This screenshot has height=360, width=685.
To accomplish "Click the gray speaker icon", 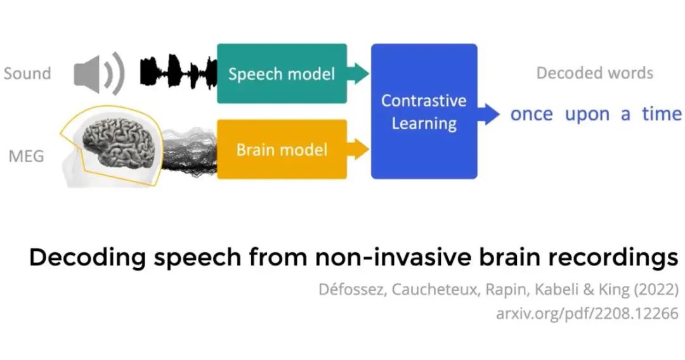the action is [x=99, y=74].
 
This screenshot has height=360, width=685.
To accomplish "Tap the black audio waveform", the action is [x=178, y=72].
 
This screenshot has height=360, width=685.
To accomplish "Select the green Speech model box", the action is [x=282, y=74].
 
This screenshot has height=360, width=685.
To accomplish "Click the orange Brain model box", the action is [x=282, y=149].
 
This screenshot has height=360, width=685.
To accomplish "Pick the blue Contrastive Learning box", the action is [x=424, y=112].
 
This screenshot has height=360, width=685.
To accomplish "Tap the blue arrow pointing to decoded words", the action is [x=488, y=114].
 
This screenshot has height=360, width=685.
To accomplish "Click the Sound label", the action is [x=27, y=74].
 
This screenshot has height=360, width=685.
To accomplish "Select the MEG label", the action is [x=26, y=156].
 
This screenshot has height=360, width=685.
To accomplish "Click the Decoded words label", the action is [x=594, y=73].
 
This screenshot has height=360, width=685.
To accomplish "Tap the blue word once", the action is [x=532, y=114].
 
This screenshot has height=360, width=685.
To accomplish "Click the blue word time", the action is [x=662, y=113].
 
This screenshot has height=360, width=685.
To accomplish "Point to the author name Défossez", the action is [x=352, y=290].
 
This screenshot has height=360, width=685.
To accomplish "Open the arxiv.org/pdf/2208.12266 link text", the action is [x=587, y=313].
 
